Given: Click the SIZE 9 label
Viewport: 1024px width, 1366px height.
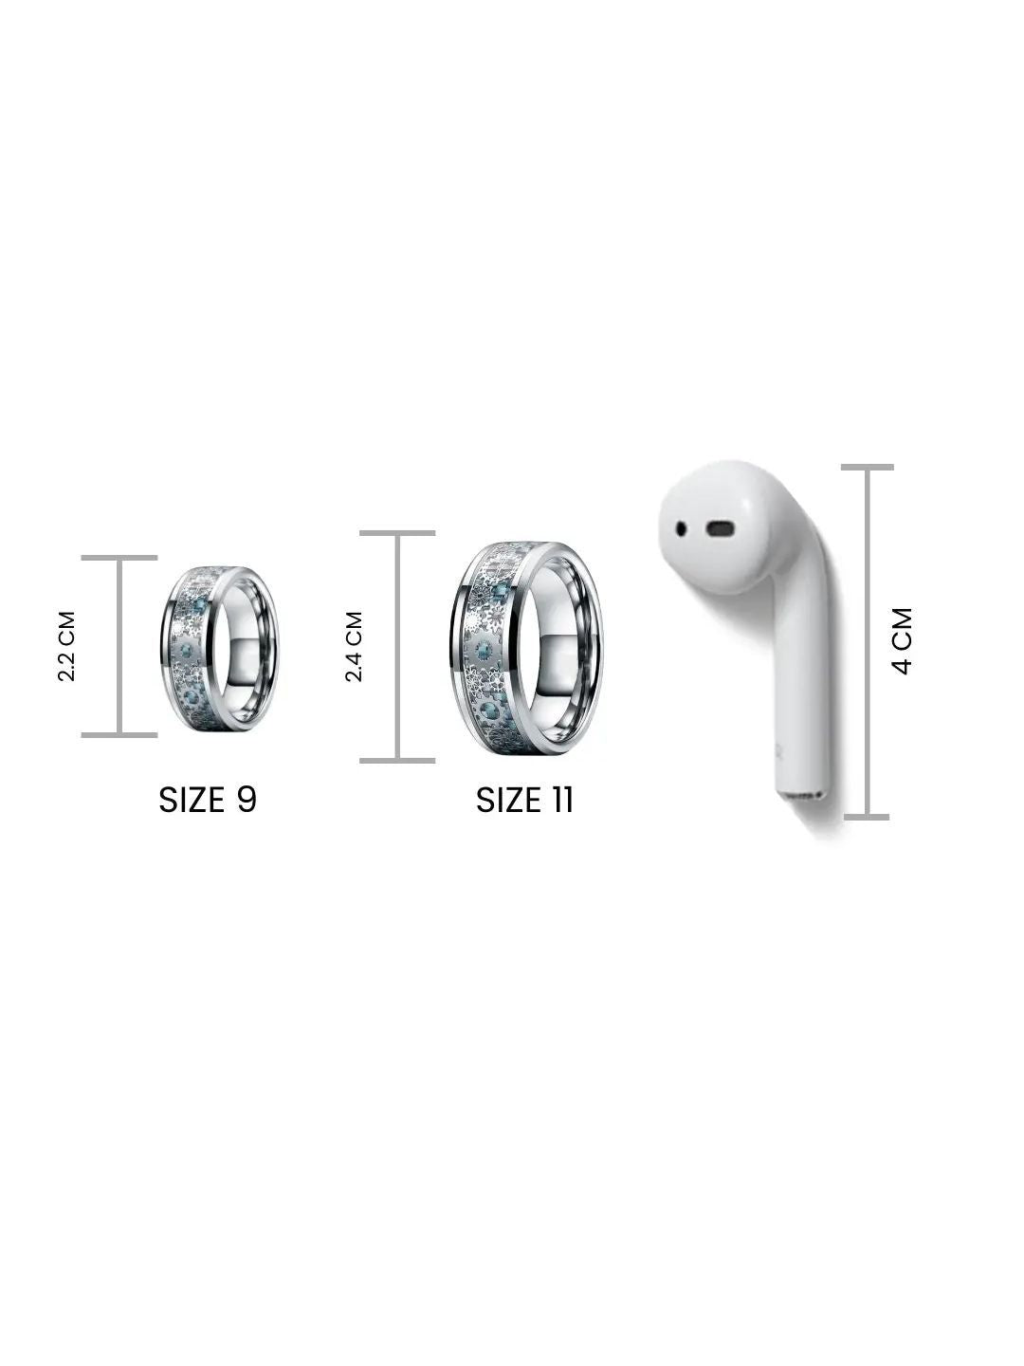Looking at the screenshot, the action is tap(208, 800).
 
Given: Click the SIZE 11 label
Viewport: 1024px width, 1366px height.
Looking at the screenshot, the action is tap(524, 801).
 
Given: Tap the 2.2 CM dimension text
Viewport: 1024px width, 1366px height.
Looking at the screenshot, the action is tap(66, 646).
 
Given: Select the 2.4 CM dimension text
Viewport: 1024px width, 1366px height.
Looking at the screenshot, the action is tap(354, 647).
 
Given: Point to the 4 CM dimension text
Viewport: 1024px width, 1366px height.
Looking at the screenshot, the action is tap(902, 641).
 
